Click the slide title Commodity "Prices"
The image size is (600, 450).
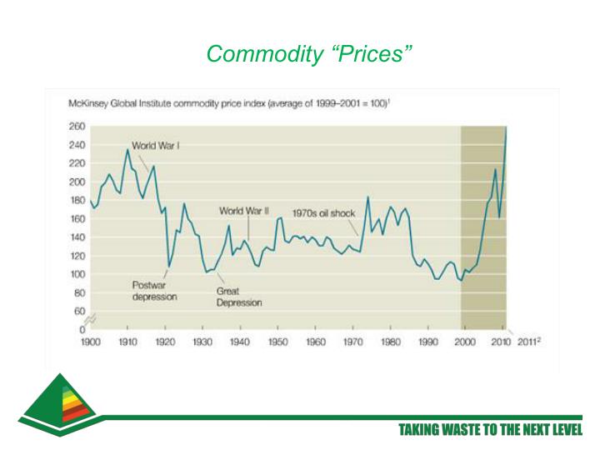[309, 54]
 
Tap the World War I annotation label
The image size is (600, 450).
[157, 145]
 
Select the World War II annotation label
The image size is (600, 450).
[243, 211]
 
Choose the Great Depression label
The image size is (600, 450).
[239, 297]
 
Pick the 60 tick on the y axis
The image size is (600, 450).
[78, 311]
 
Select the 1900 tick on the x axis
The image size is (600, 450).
[90, 342]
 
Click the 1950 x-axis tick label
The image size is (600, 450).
[277, 342]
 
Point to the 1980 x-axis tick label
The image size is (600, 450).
[390, 342]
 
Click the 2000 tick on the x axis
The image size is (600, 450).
[465, 342]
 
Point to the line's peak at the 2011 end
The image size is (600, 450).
[506, 127]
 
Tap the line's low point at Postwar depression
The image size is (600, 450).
[169, 267]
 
